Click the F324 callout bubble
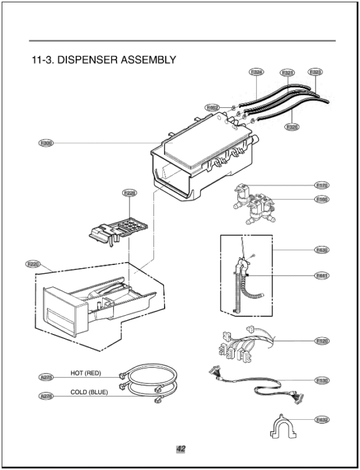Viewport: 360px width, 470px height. [x=257, y=72]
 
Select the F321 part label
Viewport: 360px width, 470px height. [x=288, y=73]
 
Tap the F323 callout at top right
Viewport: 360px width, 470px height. [x=316, y=72]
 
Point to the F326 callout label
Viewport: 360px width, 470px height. [x=292, y=127]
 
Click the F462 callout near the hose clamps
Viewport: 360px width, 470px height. [x=212, y=108]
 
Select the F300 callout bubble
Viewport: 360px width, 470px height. [x=46, y=144]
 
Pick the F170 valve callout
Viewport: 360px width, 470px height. [x=322, y=185]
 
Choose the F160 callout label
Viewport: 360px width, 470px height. [x=322, y=200]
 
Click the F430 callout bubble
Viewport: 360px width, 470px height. [x=322, y=250]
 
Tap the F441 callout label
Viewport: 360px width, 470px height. [x=322, y=275]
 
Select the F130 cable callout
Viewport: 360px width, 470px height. [x=322, y=380]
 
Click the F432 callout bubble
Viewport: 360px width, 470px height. [x=322, y=419]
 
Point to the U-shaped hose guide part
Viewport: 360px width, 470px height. [x=281, y=429]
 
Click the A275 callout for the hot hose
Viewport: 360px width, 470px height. [x=46, y=377]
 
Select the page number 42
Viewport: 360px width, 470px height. [x=180, y=449]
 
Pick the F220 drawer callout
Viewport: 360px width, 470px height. [x=33, y=264]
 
